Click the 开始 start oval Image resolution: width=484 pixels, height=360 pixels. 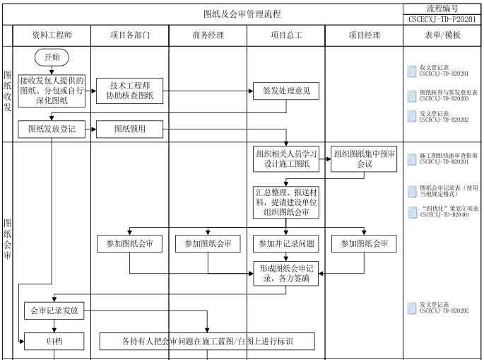52,57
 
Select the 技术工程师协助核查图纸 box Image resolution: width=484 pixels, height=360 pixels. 129,91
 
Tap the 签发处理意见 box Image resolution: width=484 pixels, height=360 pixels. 286,91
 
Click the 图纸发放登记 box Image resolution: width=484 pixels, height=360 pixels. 52,129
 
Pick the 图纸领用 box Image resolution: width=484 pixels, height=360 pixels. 129,129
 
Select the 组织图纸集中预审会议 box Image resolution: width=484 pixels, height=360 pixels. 364,159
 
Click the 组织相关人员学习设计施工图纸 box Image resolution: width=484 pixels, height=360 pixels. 286,159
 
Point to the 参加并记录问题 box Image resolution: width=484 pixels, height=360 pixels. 286,244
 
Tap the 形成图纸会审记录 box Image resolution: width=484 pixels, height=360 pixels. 286,274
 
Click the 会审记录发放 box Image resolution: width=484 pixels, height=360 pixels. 54,310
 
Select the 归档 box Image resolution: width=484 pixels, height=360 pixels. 54,341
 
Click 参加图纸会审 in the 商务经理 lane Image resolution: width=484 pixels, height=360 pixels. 208,244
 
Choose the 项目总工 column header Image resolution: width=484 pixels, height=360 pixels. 286,35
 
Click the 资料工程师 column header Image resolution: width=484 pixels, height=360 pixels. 52,35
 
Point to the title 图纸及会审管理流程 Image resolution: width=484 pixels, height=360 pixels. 242,14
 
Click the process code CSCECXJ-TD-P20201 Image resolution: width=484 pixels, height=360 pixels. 442,20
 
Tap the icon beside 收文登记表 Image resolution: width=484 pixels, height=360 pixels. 411,71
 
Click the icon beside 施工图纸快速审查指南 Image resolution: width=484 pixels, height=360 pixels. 411,159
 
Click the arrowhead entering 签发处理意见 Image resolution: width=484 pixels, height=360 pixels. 251,91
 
